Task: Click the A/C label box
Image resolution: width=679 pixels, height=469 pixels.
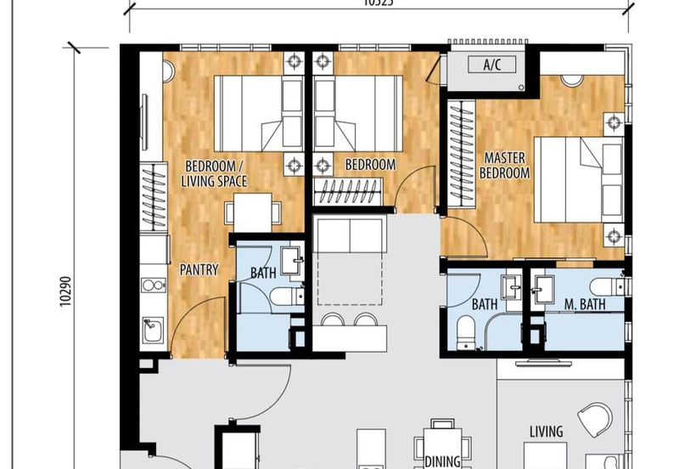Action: click(491, 65)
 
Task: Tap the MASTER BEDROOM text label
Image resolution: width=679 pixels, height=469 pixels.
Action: click(505, 166)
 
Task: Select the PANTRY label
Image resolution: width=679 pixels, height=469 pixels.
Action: click(199, 270)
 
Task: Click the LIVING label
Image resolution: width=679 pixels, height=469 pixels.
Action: click(546, 432)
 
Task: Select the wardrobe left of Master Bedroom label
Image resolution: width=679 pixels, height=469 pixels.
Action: click(462, 154)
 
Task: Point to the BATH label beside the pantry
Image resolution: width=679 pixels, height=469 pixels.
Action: click(263, 274)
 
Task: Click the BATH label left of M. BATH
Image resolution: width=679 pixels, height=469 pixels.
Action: click(484, 304)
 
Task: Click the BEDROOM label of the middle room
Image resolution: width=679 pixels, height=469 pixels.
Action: click(370, 165)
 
